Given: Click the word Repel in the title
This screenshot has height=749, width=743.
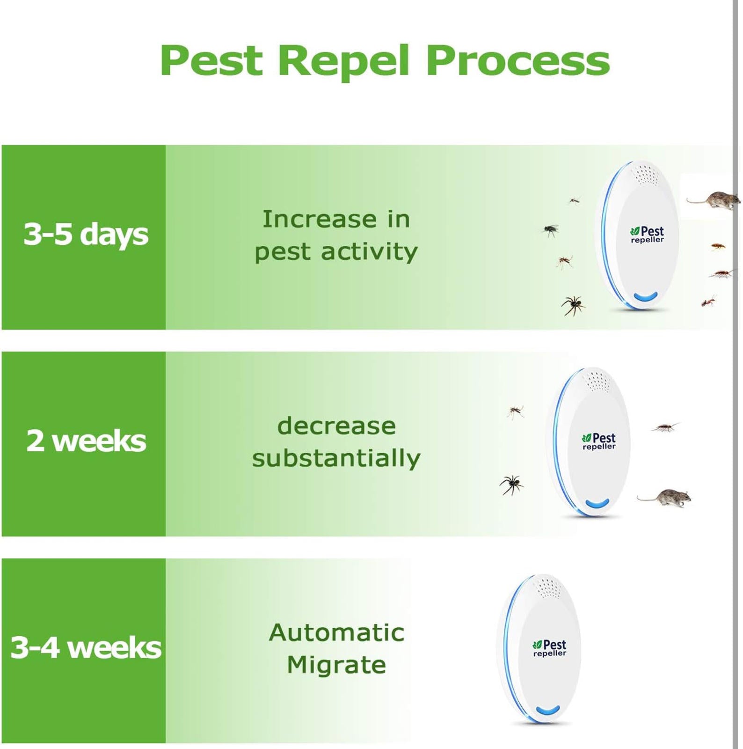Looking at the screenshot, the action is pos(344,60).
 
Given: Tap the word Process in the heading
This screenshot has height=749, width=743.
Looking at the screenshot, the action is pos(518,61).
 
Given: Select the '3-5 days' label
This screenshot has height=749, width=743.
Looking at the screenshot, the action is pos(86,234).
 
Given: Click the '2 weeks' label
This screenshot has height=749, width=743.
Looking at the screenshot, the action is pos(86,441).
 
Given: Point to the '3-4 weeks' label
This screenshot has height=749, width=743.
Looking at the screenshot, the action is pos(86,647).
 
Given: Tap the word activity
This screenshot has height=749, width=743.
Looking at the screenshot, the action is pos(369,251).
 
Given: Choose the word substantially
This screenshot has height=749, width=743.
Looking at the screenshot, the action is pos(336,458).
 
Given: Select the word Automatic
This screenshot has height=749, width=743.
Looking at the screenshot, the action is pos(336,633).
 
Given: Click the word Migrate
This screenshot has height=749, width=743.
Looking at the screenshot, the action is pos(336,665).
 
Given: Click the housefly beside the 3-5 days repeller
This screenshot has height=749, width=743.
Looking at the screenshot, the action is pos(551,229).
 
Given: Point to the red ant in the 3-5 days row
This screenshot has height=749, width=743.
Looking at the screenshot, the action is pos(709,301).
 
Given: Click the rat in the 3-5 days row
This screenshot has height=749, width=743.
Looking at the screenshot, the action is pos(714,199).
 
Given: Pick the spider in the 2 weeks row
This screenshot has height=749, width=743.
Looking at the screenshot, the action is pos(511,484).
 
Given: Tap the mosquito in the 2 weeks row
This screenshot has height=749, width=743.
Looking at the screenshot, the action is pos(516,411).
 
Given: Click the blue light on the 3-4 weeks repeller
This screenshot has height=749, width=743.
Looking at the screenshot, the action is pos(547,711).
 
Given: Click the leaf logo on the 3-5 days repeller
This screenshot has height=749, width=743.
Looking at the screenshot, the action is pos(635,231).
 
